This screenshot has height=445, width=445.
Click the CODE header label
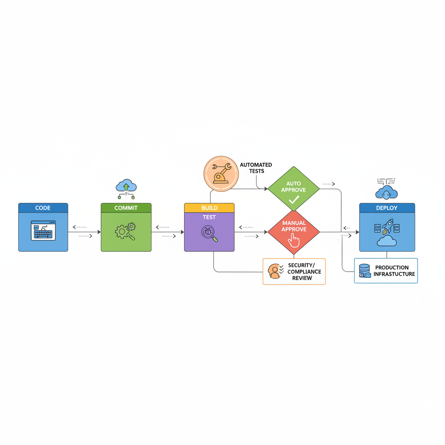[43, 208]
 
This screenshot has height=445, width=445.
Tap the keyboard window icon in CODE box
[43, 230]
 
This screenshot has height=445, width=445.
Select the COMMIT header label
[126, 208]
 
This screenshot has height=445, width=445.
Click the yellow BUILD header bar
[209, 208]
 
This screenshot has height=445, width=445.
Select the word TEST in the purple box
[209, 217]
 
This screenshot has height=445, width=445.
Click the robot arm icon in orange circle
[221, 173]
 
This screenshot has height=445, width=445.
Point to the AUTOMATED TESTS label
[256, 168]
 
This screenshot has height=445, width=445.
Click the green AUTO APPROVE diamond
[293, 188]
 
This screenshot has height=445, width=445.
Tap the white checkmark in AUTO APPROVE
[294, 200]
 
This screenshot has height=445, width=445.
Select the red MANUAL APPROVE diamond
[294, 232]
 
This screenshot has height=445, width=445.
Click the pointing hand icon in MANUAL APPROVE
[294, 240]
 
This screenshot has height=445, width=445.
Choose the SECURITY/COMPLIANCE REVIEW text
[304, 272]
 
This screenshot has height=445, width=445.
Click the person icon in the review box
[274, 271]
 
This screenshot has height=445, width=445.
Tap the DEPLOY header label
[387, 208]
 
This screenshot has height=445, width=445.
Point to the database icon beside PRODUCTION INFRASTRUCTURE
[364, 271]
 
